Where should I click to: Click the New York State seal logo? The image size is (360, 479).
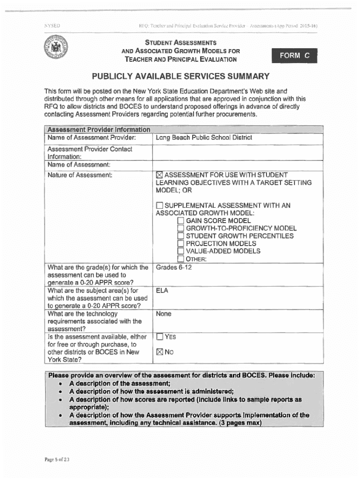56,49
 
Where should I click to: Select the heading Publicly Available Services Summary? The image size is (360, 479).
180,76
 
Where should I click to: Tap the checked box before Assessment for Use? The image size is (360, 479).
159,175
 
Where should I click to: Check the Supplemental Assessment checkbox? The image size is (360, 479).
159,205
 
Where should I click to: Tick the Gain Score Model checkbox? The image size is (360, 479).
181,221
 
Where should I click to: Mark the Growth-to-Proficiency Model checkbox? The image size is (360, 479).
181,228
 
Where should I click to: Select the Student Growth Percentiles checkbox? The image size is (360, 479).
181,236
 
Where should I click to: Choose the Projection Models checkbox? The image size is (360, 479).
181,244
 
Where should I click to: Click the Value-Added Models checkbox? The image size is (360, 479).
181,251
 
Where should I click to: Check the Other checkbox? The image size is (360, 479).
181,259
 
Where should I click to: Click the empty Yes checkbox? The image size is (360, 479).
159,337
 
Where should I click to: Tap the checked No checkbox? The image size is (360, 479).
159,352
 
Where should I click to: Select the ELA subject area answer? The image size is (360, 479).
162,290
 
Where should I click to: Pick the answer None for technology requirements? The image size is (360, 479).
164,314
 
